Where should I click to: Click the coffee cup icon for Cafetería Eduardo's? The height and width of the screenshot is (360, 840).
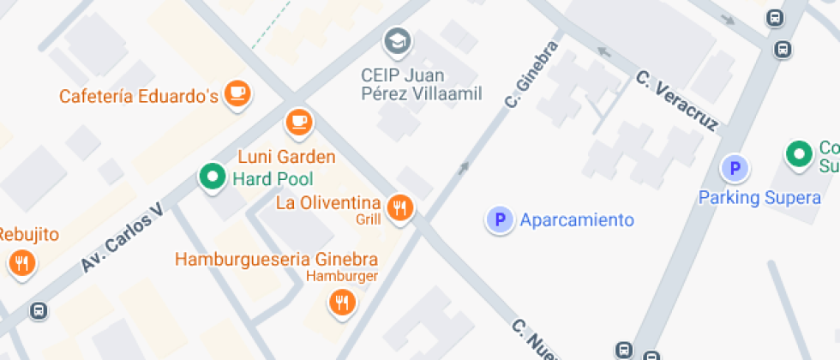coord(237,93)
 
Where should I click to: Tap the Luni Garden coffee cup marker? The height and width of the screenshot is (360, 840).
coord(297,122)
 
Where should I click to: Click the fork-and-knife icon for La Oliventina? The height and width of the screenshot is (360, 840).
coord(399,207)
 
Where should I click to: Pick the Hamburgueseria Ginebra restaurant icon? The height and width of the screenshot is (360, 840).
coord(342,302)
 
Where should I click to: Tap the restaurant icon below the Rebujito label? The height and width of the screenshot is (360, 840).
coord(22,262)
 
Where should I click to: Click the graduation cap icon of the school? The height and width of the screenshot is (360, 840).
coord(397,40)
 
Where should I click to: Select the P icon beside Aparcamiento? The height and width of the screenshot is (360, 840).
coord(499,220)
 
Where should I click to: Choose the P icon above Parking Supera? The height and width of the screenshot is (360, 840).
coord(734,168)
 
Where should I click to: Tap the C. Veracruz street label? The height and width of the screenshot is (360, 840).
coord(676,101)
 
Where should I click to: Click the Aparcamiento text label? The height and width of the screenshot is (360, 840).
coord(577,220)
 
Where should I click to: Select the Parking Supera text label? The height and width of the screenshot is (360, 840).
coord(759,198)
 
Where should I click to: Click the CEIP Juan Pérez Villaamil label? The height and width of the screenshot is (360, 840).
coord(421,84)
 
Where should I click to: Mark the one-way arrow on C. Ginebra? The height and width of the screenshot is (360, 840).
coord(464,167)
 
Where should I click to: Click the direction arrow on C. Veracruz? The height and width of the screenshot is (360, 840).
coord(603,52)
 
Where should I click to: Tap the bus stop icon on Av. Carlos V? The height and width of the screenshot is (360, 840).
coord(38,310)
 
